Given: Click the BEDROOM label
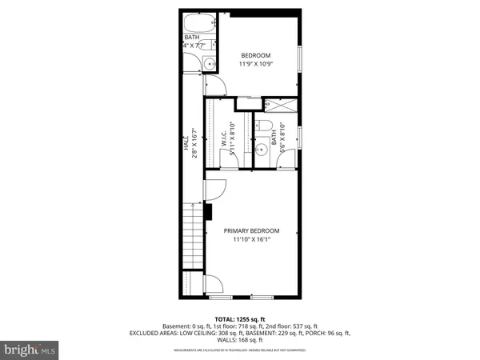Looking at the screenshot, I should tap(256, 55).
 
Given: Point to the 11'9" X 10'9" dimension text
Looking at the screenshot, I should tap(256, 64).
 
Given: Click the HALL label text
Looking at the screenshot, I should tap(185, 141).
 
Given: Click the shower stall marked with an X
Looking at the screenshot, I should tap(279, 106).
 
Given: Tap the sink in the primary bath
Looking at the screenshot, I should tap(263, 149).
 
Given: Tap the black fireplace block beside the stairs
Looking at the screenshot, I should tap(207, 213).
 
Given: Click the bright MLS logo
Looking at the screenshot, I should tap(30, 349).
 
